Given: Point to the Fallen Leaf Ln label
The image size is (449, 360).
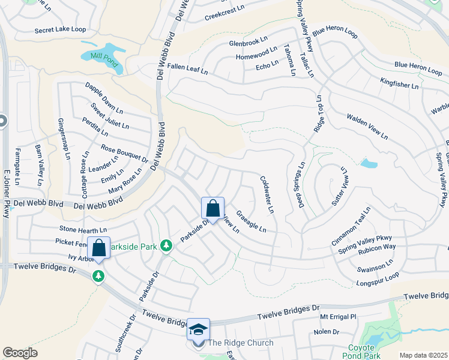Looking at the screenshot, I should pos(187,69).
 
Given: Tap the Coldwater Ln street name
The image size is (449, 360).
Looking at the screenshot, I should pos(267,194).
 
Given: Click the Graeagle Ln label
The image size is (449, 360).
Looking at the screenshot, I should pos(250,221).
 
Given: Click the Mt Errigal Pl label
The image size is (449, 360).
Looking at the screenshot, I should pos(338,316).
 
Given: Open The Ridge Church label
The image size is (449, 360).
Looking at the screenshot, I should pos(240,343).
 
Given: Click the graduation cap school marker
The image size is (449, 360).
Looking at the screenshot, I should pos(199,329).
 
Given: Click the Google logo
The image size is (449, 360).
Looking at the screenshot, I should pos(20,353).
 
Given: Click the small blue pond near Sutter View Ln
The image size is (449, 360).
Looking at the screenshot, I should pos(369,163).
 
